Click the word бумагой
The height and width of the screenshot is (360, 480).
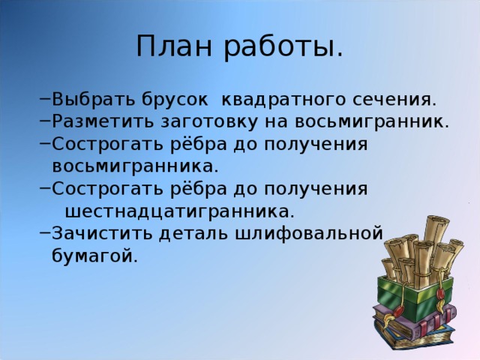tap(94, 256)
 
